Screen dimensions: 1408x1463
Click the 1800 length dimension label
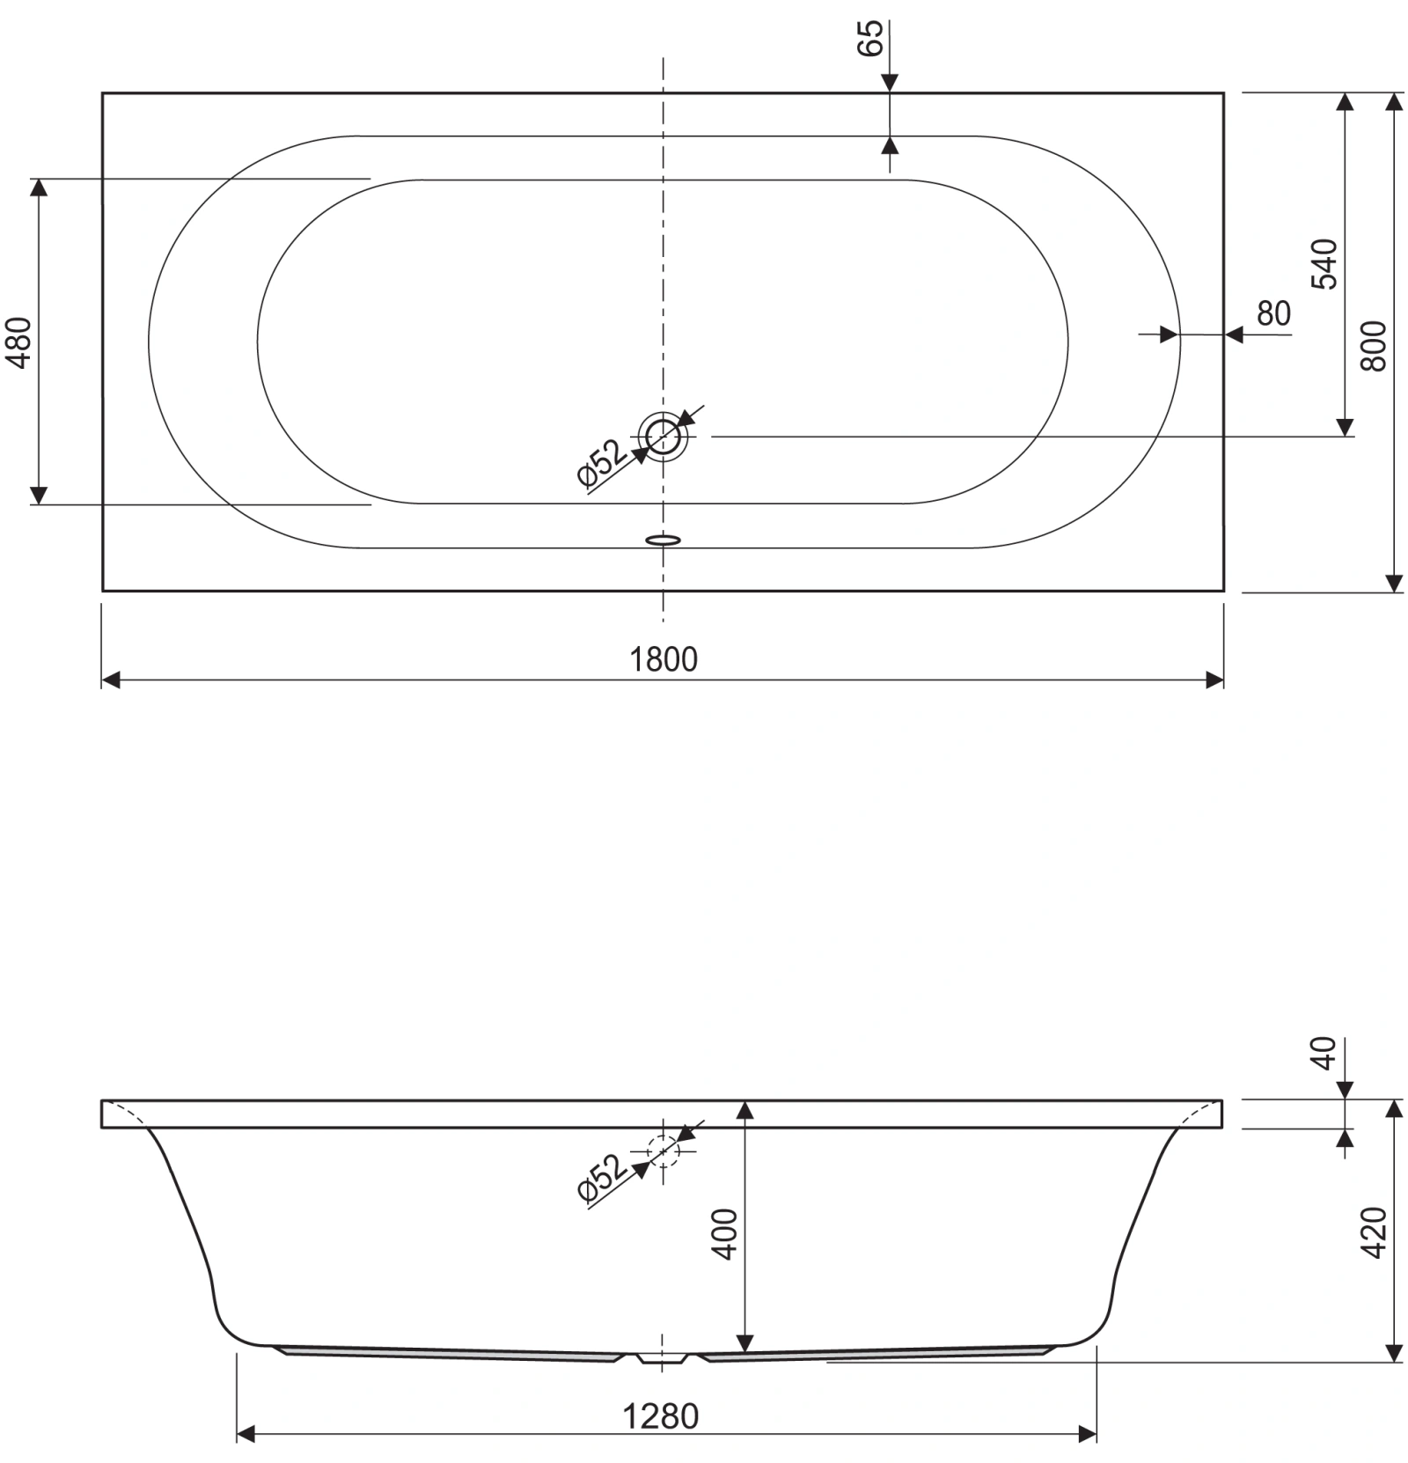tap(663, 658)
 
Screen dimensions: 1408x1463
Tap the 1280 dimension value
tap(660, 1416)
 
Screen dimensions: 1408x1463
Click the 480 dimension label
tap(19, 342)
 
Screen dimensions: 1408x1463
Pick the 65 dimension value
tap(869, 38)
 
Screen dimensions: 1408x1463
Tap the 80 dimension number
tap(1273, 313)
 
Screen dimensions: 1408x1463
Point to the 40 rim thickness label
tap(1324, 1054)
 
